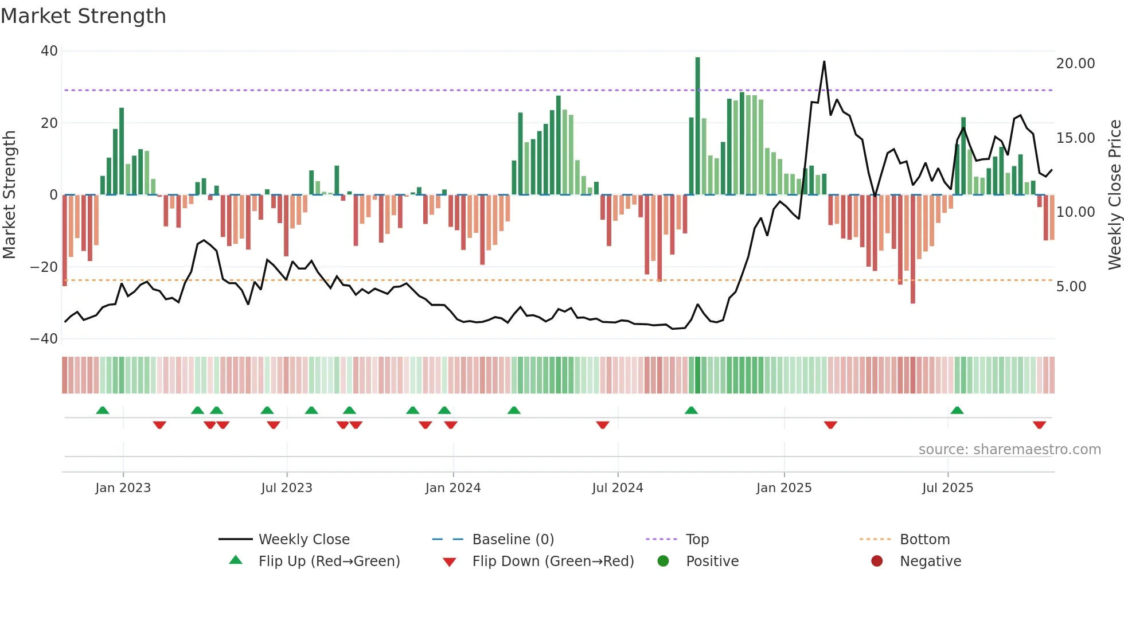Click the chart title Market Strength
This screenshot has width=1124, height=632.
(x=83, y=16)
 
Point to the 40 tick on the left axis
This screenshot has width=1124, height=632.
(x=49, y=51)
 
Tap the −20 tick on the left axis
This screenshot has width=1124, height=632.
(x=44, y=267)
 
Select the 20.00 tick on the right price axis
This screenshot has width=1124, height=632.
(x=1075, y=64)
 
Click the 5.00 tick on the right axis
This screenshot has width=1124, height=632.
(x=1071, y=287)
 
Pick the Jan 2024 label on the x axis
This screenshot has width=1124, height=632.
(x=452, y=488)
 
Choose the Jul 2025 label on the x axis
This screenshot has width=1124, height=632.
(x=947, y=488)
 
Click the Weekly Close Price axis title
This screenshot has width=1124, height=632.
(x=1114, y=195)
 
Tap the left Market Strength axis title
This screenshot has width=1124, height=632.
(x=9, y=195)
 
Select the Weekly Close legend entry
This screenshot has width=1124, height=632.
(x=303, y=540)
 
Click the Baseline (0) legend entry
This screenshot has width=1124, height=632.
(x=513, y=540)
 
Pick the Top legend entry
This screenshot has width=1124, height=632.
(x=697, y=540)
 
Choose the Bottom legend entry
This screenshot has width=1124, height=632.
(x=924, y=540)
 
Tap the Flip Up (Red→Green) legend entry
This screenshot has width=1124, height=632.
(x=329, y=561)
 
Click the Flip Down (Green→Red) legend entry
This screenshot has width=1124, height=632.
(x=552, y=561)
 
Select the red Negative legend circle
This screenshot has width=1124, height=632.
(x=877, y=561)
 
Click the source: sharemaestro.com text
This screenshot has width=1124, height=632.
(x=1009, y=450)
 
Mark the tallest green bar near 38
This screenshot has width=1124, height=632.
(x=697, y=126)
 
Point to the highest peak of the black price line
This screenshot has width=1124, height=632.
(x=824, y=62)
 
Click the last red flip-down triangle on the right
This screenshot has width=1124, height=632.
(x=1039, y=425)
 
